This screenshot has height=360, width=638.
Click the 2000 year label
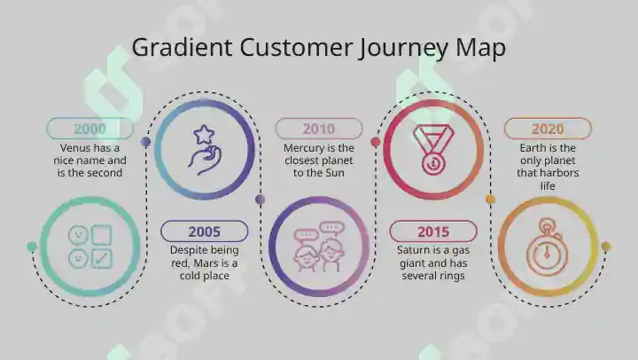click(x=89, y=129)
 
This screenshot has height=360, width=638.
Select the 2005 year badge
click(x=205, y=231)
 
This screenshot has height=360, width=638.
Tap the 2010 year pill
click(x=319, y=129)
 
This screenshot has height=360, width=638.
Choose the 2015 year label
click(x=433, y=231)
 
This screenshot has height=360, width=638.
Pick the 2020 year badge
click(x=548, y=129)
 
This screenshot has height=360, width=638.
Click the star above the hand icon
click(x=204, y=135)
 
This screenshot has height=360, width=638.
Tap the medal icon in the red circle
click(x=433, y=150)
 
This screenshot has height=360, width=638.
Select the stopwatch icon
click(x=547, y=247)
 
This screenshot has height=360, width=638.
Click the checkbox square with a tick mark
click(x=102, y=259)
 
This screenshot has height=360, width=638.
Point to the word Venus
click(x=75, y=147)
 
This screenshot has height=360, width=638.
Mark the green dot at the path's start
click(x=32, y=247)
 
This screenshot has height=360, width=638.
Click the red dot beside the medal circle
click(x=375, y=142)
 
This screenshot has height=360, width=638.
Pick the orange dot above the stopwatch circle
click(x=490, y=200)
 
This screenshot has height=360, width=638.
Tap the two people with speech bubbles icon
click(x=319, y=247)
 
